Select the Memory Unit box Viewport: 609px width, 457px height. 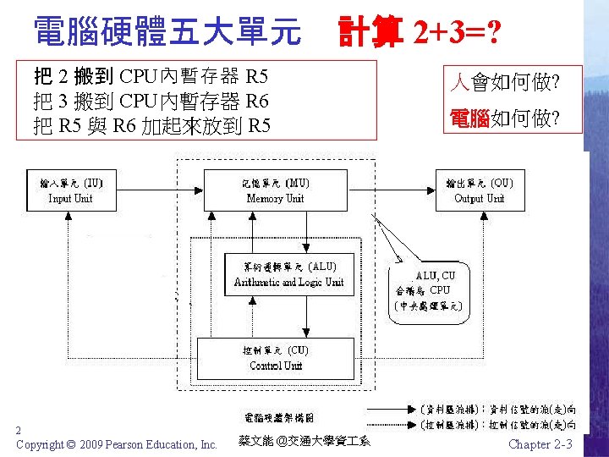(275, 190)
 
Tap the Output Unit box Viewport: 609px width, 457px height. (479, 190)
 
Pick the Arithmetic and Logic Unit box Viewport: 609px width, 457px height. (288, 274)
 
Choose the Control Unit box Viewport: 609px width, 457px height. (276, 358)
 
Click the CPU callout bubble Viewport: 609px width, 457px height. (428, 289)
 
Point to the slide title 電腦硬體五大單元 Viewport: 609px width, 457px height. (167, 32)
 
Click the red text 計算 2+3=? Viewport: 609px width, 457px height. (418, 33)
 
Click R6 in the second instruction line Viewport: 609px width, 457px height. (256, 102)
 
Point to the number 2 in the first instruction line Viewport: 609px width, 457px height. (64, 77)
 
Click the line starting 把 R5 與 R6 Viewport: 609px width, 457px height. (152, 127)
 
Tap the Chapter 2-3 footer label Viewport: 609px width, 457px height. (540, 444)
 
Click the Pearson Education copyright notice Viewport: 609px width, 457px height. (117, 444)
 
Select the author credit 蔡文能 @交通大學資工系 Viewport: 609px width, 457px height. (304, 441)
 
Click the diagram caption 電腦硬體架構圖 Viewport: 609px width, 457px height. (279, 417)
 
